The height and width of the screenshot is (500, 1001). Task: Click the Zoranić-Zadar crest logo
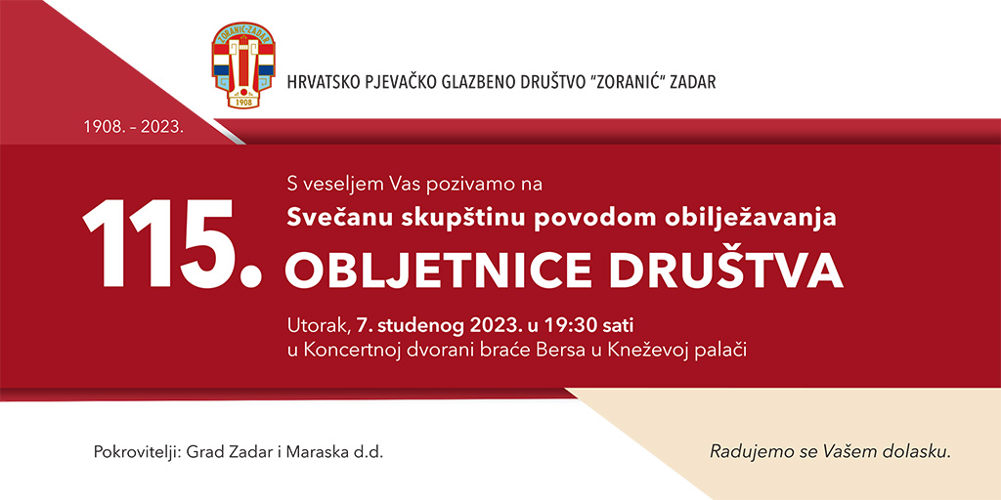tap(243, 63)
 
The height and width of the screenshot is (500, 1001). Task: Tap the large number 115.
tap(172, 243)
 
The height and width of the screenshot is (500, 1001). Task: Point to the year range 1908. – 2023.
tap(133, 127)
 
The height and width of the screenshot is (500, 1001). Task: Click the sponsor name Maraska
tap(317, 453)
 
